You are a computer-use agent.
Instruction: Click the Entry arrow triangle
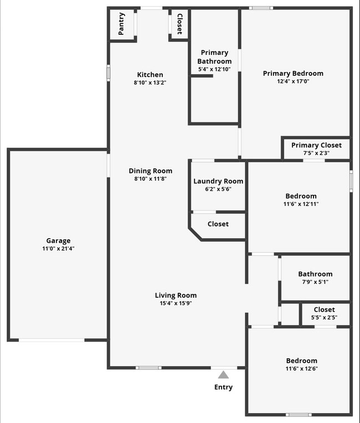(223, 375)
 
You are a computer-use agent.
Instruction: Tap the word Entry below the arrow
(223, 387)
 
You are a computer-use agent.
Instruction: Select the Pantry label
(122, 24)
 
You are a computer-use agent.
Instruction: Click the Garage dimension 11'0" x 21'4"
(58, 249)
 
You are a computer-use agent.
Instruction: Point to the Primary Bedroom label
(293, 73)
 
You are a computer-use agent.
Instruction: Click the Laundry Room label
(218, 181)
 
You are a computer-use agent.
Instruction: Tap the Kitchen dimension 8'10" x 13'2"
(150, 82)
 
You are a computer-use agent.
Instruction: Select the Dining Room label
(151, 171)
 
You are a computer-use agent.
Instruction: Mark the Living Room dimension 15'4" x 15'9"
(176, 303)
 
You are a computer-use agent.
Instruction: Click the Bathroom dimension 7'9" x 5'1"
(315, 281)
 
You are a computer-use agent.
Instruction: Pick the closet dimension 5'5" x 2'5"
(324, 317)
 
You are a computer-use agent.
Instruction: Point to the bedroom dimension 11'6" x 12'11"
(301, 204)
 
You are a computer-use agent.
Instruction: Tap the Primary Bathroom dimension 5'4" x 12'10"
(214, 69)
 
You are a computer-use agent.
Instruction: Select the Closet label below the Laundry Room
(218, 224)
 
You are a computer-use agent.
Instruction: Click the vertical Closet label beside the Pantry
(179, 24)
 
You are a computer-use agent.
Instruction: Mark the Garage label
(58, 240)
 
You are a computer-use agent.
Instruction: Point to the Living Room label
(176, 295)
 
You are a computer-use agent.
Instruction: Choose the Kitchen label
(150, 75)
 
